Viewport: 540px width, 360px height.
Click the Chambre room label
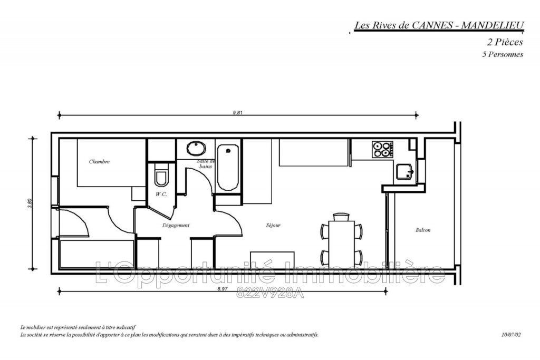[x=99, y=162]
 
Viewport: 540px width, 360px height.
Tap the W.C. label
[x=161, y=194]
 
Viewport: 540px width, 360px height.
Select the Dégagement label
[x=176, y=225]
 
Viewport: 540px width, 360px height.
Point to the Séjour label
[x=273, y=226]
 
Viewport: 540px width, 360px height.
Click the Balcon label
[x=423, y=230]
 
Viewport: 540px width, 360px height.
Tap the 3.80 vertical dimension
[x=31, y=203]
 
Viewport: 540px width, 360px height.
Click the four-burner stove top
[x=382, y=149]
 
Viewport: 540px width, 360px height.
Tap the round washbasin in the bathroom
[x=197, y=148]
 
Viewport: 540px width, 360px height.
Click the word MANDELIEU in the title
[x=491, y=25]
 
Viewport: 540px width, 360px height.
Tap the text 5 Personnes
[x=503, y=54]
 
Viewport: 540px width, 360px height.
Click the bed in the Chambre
[x=111, y=162]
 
